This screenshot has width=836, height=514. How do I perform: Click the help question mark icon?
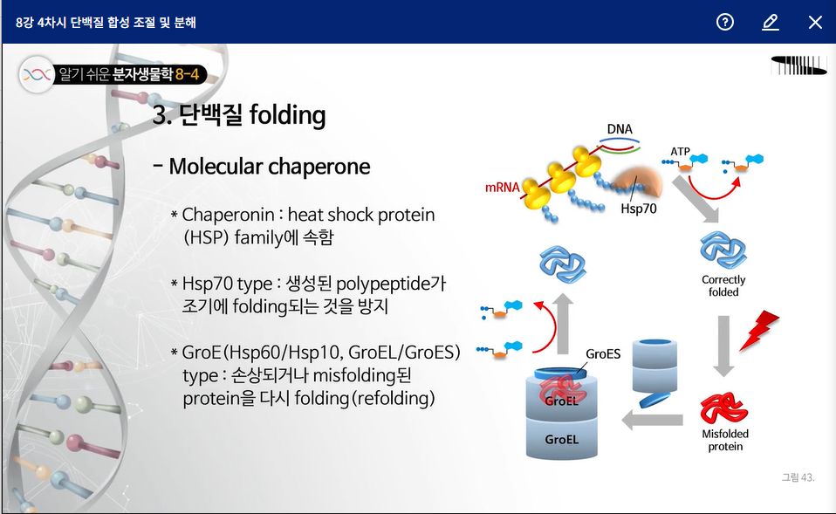click(725, 22)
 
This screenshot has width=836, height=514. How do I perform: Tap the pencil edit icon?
click(770, 22)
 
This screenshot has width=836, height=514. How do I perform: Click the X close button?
click(815, 22)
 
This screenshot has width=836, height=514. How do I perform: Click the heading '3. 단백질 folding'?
click(239, 114)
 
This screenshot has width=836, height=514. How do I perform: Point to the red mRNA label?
click(503, 187)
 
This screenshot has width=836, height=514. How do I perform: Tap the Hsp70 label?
click(638, 209)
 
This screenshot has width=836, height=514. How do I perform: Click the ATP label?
click(681, 152)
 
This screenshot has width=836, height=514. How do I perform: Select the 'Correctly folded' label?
click(723, 286)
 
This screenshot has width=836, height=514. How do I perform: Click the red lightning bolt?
click(758, 330)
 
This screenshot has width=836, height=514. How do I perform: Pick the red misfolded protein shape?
click(723, 408)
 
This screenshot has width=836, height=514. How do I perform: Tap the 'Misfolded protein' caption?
click(725, 440)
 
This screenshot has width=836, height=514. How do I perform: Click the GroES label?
click(603, 353)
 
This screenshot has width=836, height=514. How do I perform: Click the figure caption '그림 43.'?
click(798, 477)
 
